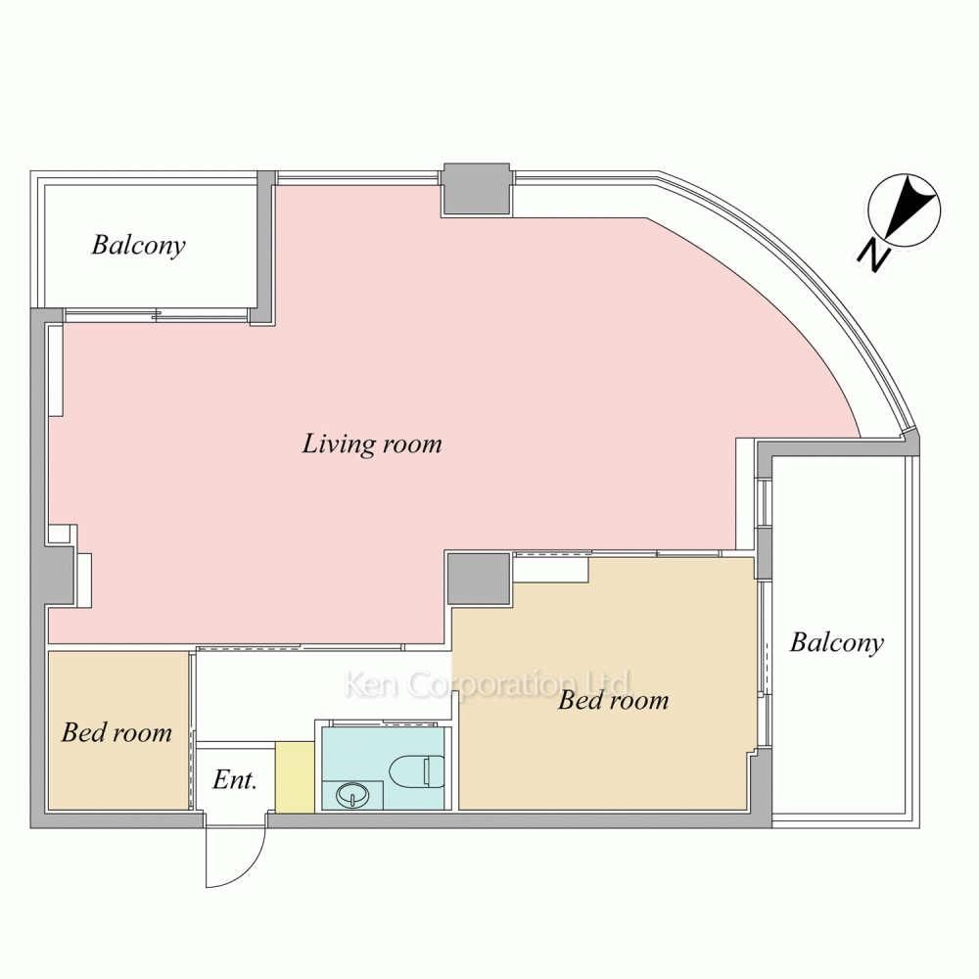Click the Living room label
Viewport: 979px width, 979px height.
click(371, 443)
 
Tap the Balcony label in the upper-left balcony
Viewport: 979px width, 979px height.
click(139, 245)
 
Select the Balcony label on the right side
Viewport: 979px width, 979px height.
click(837, 642)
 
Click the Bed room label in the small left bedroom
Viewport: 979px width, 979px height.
click(117, 732)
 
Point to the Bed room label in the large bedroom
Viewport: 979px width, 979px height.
click(613, 700)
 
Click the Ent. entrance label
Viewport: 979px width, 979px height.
click(235, 780)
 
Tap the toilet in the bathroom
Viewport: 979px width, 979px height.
click(416, 771)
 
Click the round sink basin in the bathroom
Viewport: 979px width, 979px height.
click(352, 795)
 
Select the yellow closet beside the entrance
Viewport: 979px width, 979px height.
click(295, 777)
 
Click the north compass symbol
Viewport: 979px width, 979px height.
click(905, 210)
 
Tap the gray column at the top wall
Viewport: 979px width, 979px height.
click(477, 190)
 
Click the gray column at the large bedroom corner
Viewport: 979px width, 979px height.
click(480, 579)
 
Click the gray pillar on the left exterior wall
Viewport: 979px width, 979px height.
click(60, 575)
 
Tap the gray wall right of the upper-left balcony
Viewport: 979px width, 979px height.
click(266, 248)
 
